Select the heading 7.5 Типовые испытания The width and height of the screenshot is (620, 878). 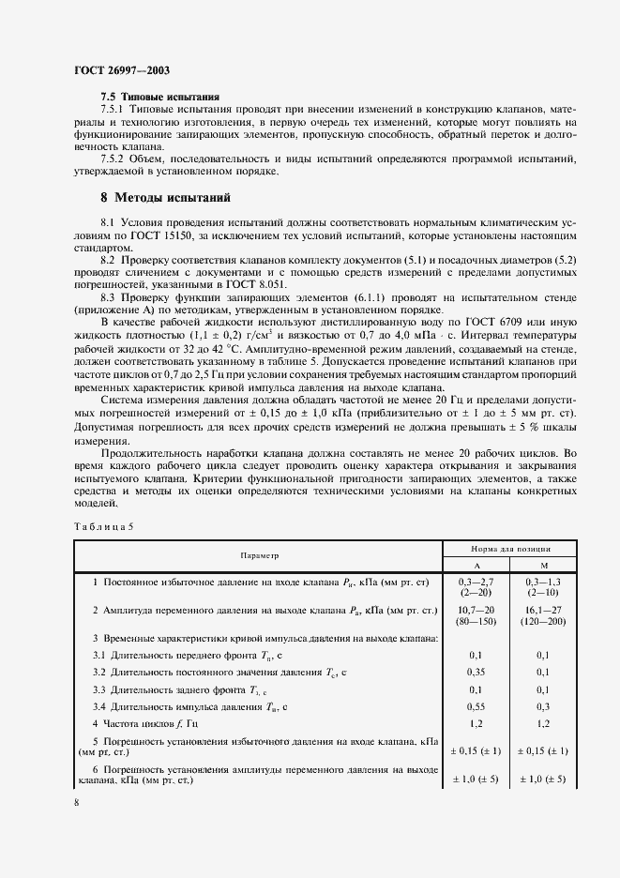coord(159,97)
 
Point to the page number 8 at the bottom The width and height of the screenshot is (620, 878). coord(76,803)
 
